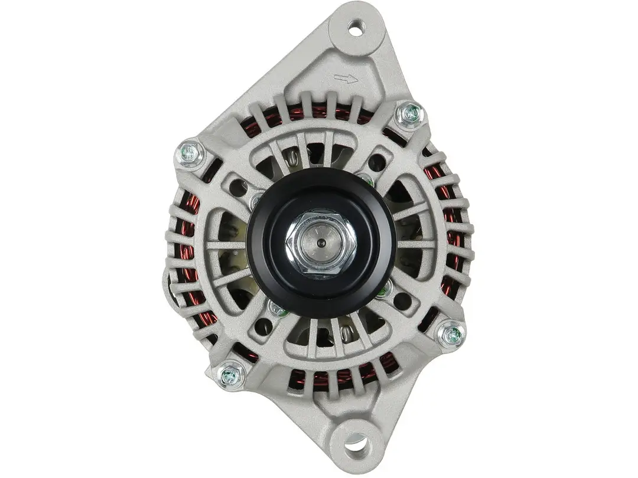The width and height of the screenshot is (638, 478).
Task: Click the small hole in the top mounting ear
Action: (x=356, y=27)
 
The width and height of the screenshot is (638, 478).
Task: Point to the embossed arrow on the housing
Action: (x=346, y=78)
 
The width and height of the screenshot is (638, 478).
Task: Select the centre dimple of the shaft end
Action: (x=320, y=243)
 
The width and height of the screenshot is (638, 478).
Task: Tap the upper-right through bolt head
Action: (x=410, y=113)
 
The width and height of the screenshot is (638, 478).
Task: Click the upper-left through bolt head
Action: (x=190, y=155)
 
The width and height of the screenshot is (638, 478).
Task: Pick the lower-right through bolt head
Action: (x=452, y=335)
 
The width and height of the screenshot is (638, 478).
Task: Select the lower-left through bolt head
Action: (x=230, y=374)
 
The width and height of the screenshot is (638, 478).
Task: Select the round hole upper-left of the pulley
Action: (x=238, y=188)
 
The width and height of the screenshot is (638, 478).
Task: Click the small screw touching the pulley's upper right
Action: (x=367, y=179)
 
